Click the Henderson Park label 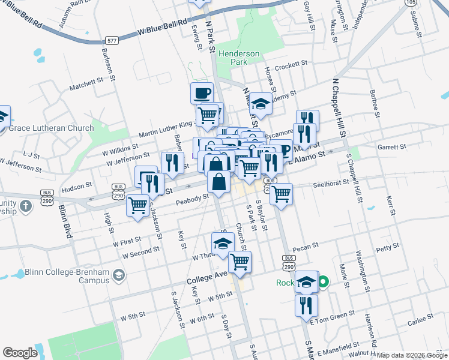239,58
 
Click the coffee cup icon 202,93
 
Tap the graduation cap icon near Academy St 261,103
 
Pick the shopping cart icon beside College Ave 240,262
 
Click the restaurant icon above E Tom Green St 306,305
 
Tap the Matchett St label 86,83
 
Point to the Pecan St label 306,246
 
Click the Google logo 20,352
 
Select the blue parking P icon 284,149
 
